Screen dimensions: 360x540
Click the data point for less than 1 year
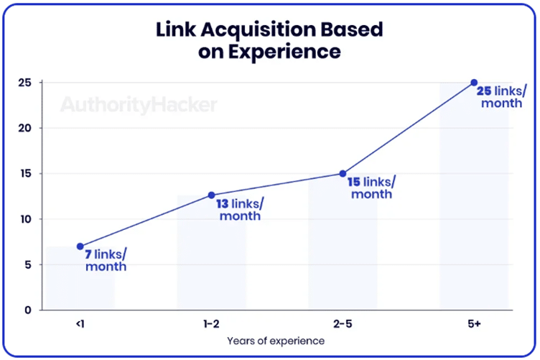point(80,246)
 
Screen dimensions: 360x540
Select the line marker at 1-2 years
point(211,195)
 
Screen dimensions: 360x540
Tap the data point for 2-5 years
point(343,173)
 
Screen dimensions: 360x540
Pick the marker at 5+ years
point(474,83)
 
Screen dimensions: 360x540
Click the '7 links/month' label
point(106,260)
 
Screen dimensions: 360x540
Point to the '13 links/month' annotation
point(239,209)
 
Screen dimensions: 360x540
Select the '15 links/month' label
point(371,188)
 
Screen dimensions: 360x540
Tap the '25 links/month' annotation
point(502,97)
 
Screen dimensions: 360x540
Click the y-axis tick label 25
point(25,83)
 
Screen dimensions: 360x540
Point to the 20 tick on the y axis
point(25,128)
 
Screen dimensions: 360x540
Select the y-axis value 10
point(25,219)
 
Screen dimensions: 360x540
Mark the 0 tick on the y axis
point(28,310)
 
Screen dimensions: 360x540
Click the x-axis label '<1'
point(80,324)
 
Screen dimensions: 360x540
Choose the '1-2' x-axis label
point(211,324)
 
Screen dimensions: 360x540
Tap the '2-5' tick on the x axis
point(343,324)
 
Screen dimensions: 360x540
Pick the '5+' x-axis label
point(474,324)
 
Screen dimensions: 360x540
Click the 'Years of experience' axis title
point(276,341)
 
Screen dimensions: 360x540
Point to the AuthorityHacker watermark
point(138,105)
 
